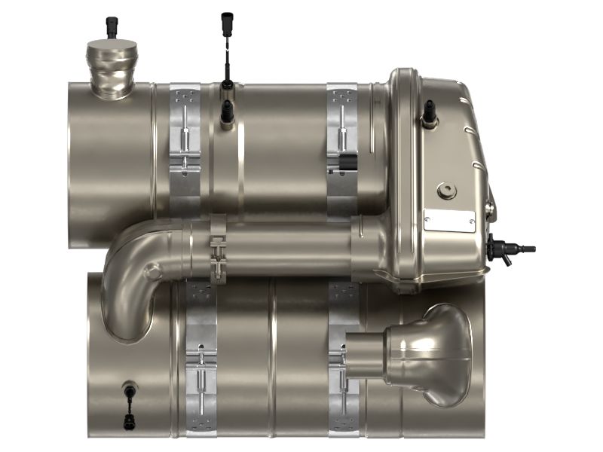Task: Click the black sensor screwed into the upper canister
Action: [x=226, y=113]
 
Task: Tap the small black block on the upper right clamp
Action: [x=348, y=163]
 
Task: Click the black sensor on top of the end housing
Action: [x=430, y=111]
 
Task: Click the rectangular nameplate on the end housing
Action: [x=449, y=220]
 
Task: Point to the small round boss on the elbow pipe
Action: [x=154, y=270]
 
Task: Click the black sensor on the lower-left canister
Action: [x=129, y=389]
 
